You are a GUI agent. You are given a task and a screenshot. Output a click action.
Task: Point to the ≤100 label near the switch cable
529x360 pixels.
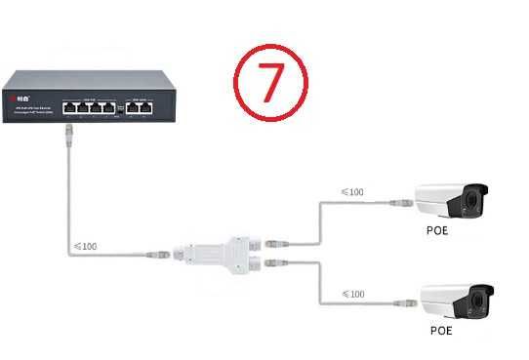(x=85, y=246)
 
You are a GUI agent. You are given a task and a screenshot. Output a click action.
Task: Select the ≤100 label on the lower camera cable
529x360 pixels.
(x=350, y=294)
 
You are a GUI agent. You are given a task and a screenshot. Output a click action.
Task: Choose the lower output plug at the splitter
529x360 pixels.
(x=274, y=263)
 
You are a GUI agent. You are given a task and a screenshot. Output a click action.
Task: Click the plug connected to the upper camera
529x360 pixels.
(x=400, y=202)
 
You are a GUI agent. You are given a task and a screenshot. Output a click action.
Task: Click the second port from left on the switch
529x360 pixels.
(x=82, y=107)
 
